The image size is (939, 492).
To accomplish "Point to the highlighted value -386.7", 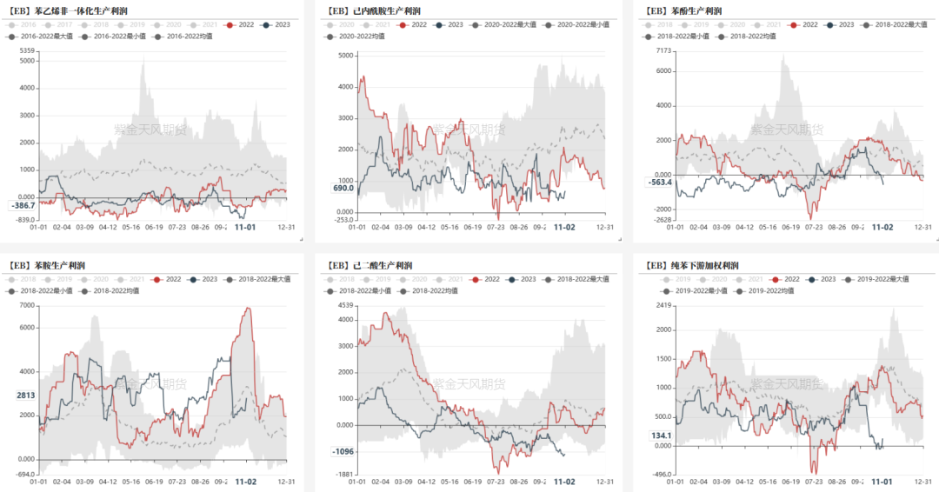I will pyautogui.click(x=22, y=205).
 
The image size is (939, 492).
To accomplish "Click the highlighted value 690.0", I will pyautogui.click(x=343, y=189).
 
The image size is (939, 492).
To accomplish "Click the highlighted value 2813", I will pyautogui.click(x=25, y=396).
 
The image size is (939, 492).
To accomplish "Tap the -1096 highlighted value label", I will pyautogui.click(x=343, y=451).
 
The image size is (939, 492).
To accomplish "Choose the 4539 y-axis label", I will pyautogui.click(x=344, y=305).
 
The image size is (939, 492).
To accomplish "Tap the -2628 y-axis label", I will pyautogui.click(x=663, y=220).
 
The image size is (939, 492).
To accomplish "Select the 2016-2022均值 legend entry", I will pyautogui.click(x=187, y=37).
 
